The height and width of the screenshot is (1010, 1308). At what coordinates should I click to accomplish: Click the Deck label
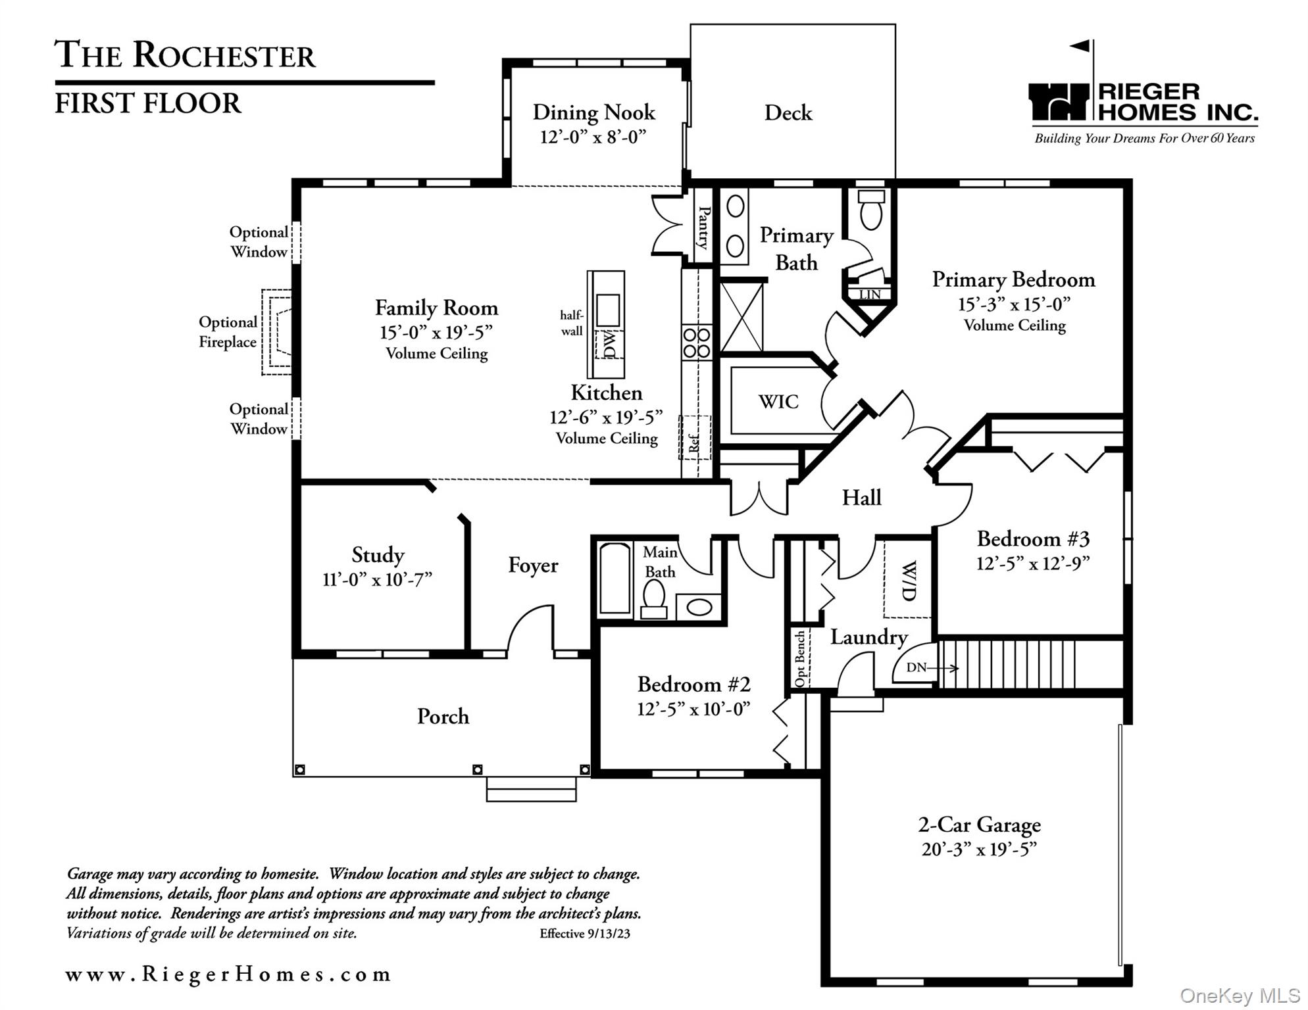click(788, 113)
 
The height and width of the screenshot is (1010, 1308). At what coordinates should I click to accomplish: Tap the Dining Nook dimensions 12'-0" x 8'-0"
click(593, 137)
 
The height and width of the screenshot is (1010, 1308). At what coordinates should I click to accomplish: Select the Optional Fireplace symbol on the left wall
click(277, 332)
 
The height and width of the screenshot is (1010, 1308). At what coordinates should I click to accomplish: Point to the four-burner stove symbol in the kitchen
click(696, 343)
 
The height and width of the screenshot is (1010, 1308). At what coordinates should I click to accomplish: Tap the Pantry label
click(703, 228)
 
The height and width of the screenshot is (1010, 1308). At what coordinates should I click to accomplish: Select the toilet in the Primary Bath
click(871, 209)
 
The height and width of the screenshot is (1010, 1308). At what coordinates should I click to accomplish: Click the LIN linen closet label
click(870, 295)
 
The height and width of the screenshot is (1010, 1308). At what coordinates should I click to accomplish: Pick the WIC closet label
click(778, 402)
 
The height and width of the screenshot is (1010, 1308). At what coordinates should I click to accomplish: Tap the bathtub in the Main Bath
click(615, 579)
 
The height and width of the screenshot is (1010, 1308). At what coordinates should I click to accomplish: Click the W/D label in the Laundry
click(908, 581)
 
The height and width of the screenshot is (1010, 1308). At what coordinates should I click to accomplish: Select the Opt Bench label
click(800, 659)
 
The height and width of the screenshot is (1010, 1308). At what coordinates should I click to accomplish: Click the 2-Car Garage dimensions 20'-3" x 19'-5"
click(979, 850)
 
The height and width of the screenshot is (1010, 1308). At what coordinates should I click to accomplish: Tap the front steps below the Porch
click(531, 789)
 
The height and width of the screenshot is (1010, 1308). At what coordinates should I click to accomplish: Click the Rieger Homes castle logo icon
click(1059, 102)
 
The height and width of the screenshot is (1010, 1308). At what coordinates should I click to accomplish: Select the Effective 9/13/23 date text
click(584, 934)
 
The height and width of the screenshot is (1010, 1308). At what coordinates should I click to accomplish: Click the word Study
click(378, 555)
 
